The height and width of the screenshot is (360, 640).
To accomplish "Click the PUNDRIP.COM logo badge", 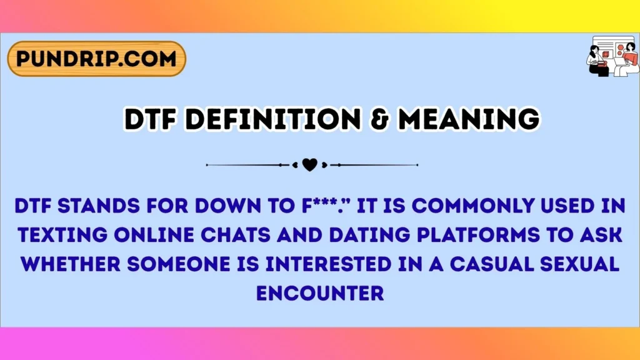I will pyautogui.click(x=96, y=59).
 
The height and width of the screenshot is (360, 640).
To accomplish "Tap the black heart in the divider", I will pyautogui.click(x=309, y=165).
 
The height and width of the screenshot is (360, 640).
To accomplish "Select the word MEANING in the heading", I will pyautogui.click(x=468, y=119).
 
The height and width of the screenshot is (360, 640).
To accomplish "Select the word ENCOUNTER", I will pyautogui.click(x=319, y=292).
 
